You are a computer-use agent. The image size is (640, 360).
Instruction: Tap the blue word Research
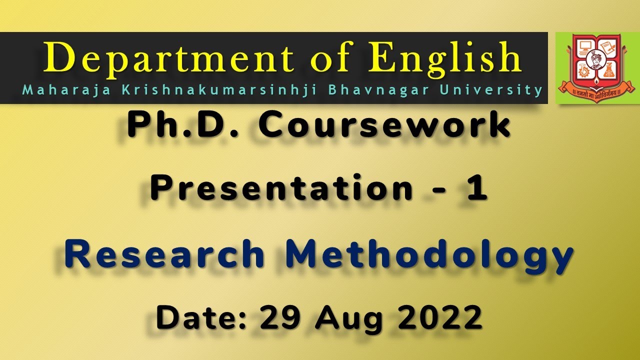(164, 254)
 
